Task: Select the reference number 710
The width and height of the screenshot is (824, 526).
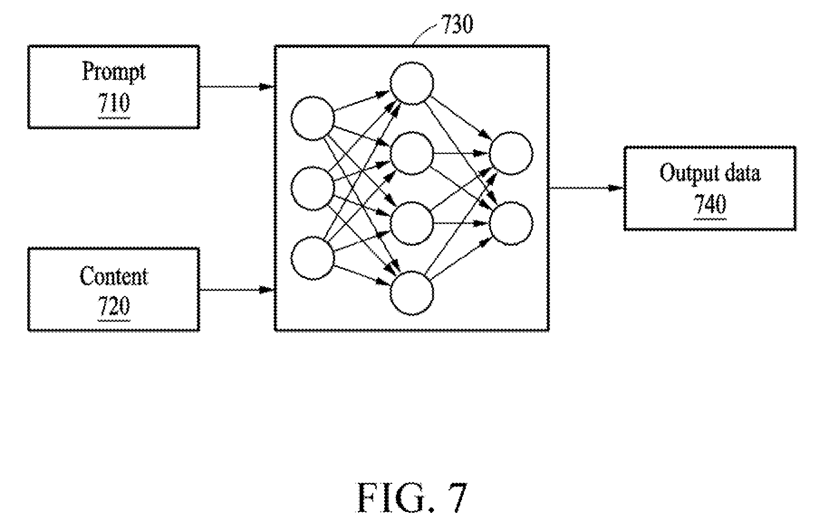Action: click(x=114, y=103)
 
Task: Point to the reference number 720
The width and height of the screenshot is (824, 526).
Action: click(x=114, y=306)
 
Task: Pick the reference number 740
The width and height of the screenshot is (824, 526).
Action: click(x=710, y=205)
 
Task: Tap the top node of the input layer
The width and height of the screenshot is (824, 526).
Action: click(x=312, y=117)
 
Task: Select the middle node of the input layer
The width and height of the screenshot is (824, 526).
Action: click(x=312, y=188)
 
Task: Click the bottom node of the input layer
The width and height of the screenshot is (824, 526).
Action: click(x=312, y=258)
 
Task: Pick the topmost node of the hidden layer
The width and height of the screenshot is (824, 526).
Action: click(x=412, y=83)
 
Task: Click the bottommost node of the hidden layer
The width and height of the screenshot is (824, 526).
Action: click(x=412, y=293)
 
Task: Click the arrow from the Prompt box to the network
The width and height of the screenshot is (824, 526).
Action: click(x=236, y=87)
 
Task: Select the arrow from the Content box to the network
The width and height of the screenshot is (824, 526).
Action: click(x=236, y=289)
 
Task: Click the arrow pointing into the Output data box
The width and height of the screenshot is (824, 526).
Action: click(x=587, y=188)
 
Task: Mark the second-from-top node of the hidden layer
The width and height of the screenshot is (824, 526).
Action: click(x=412, y=153)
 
